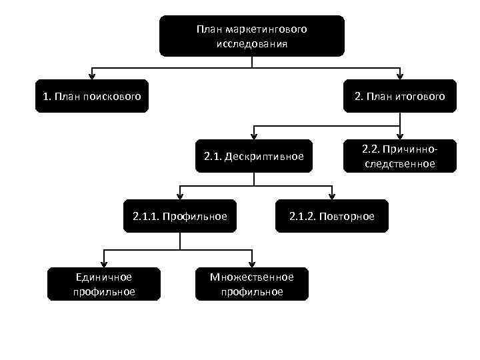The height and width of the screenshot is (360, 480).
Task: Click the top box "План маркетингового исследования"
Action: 251,36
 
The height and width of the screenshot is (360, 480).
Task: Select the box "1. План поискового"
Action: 92,97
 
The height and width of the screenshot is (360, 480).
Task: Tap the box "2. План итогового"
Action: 400,97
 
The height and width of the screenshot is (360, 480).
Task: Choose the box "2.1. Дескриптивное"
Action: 253,157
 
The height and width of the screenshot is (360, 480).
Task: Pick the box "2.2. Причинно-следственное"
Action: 400,156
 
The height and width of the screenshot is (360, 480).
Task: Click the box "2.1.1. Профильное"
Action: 179,216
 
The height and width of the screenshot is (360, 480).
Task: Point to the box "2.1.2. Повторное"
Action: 331,216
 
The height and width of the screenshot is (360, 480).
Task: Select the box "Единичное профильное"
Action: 103,284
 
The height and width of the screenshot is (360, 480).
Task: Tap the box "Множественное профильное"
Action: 252,284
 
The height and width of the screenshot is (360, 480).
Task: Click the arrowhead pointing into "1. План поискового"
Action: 92,75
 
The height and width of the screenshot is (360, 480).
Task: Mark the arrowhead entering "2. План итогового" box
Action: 400,75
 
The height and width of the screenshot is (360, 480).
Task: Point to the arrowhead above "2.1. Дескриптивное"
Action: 253,135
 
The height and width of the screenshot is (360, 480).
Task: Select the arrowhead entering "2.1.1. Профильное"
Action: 179,195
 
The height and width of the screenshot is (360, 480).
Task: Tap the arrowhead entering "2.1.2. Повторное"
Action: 331,195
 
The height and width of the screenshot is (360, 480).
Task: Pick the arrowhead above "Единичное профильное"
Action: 103,263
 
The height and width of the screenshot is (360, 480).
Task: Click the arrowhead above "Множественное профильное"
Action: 252,263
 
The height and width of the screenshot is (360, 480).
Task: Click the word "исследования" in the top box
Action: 251,44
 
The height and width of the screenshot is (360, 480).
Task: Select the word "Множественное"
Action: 252,277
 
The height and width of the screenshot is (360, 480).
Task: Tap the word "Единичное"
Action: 103,277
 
